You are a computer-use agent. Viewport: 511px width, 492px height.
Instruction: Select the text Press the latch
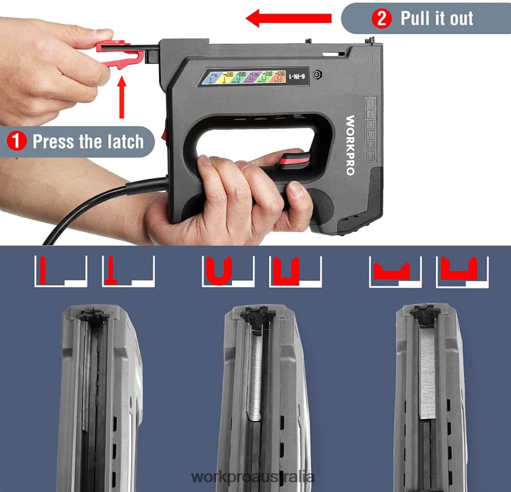[x=88, y=141]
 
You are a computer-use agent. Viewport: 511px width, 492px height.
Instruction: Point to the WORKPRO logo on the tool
[x=351, y=146]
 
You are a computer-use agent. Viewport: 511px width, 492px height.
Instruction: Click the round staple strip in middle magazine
[x=256, y=376]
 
